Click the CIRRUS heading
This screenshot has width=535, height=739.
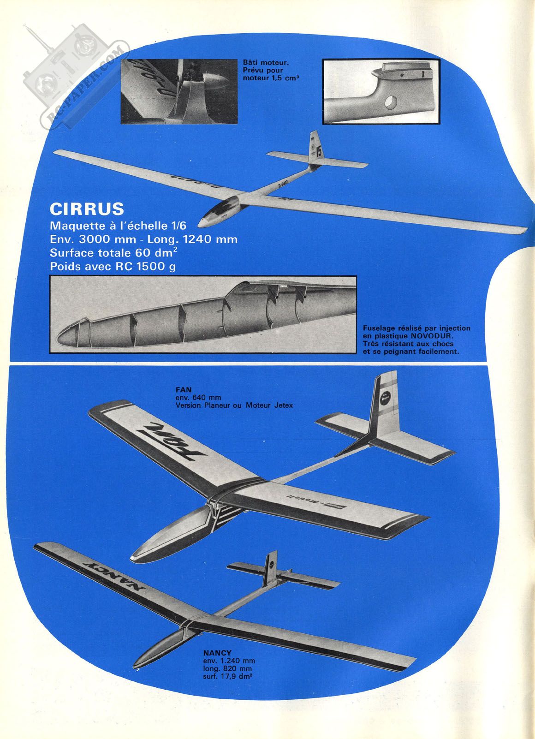(87, 209)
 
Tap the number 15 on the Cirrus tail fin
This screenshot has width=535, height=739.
(319, 151)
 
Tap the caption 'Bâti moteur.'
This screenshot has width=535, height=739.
(266, 62)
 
